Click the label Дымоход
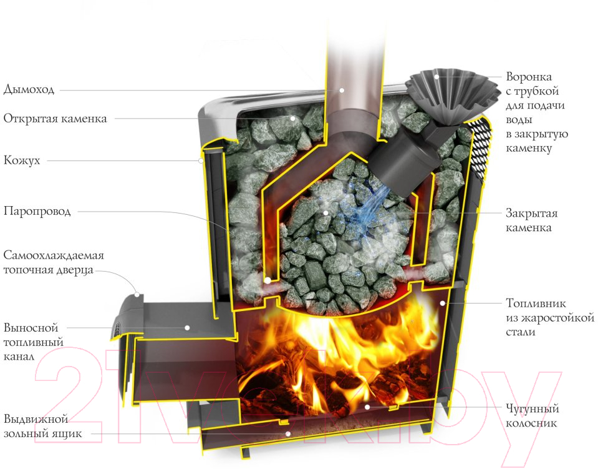29,90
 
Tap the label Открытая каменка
55,119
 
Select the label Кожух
22,160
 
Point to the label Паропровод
37,211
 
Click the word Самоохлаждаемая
54,255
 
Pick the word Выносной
31,328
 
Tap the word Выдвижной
36,419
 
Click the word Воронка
529,77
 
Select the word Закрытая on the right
531,213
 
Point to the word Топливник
536,304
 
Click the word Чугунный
532,409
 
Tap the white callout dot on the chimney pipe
342,91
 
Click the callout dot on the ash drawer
288,434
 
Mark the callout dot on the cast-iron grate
367,407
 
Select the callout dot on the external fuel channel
187,328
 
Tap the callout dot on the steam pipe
268,280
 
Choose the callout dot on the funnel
437,77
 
